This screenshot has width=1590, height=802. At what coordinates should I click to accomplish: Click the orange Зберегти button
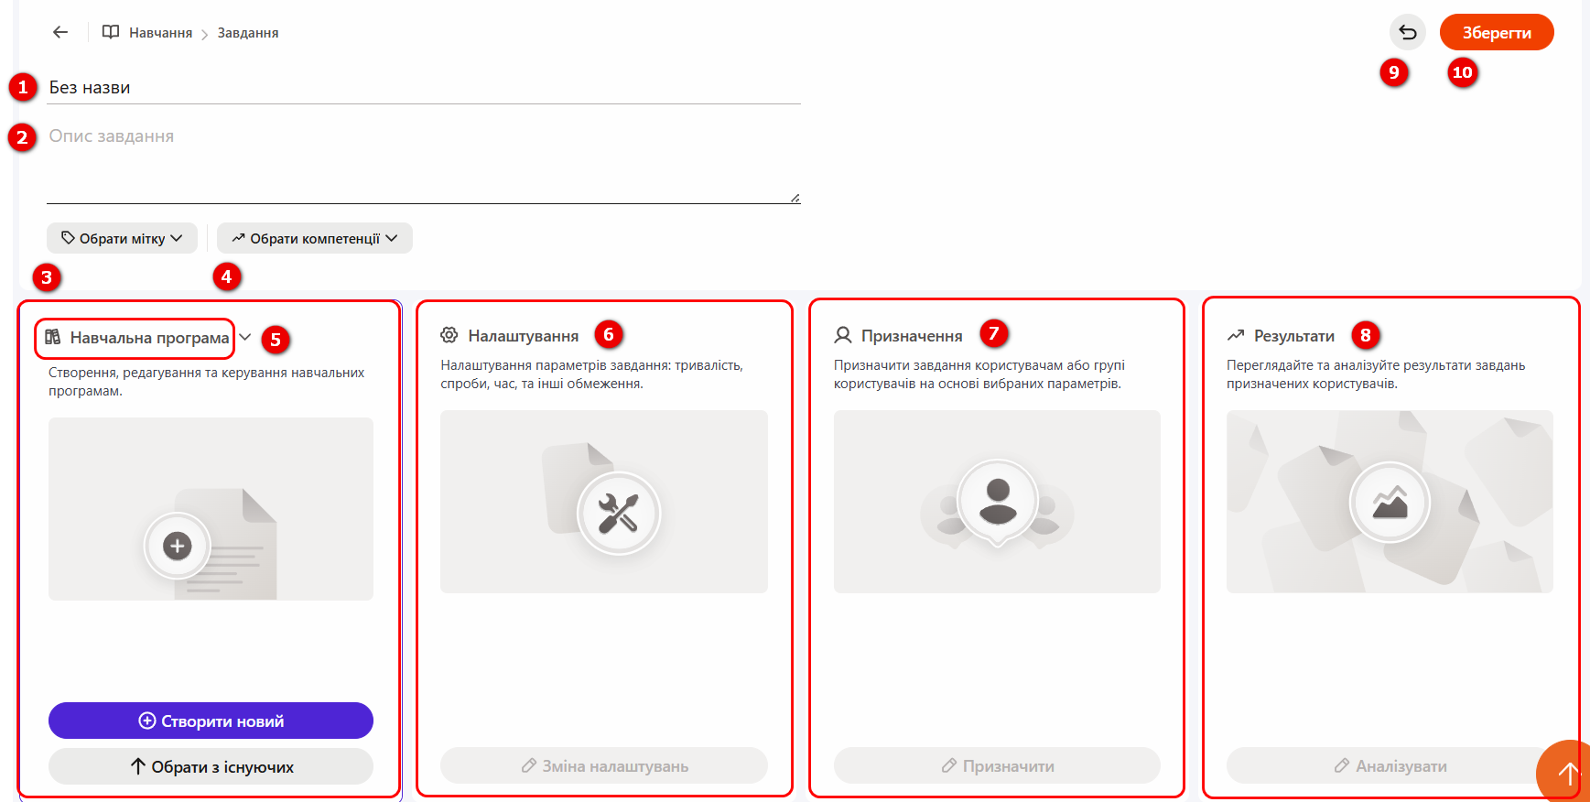pyautogui.click(x=1497, y=32)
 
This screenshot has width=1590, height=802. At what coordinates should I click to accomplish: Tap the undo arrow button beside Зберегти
pyautogui.click(x=1408, y=32)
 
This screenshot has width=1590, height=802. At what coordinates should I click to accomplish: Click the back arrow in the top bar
pyautogui.click(x=60, y=32)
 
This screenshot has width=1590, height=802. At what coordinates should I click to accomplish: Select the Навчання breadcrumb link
pyautogui.click(x=160, y=32)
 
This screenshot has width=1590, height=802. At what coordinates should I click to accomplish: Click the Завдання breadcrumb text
pyautogui.click(x=248, y=32)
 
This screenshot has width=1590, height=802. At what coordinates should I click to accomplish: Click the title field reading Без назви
pyautogui.click(x=424, y=88)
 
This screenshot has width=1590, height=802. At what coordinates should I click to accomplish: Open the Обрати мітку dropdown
pyautogui.click(x=122, y=238)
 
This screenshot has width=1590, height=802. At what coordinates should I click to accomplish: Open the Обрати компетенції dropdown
pyautogui.click(x=315, y=238)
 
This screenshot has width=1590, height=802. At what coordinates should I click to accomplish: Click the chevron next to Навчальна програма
pyautogui.click(x=245, y=337)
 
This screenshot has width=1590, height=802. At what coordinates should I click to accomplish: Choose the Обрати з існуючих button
pyautogui.click(x=211, y=766)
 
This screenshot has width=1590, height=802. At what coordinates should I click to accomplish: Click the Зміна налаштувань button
pyautogui.click(x=604, y=765)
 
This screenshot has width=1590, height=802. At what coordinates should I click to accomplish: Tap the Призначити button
pyautogui.click(x=997, y=765)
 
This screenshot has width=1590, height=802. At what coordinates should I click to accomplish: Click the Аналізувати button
pyautogui.click(x=1390, y=765)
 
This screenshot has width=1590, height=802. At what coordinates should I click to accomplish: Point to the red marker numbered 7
pyautogui.click(x=994, y=333)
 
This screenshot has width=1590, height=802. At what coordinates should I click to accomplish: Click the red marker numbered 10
pyautogui.click(x=1463, y=72)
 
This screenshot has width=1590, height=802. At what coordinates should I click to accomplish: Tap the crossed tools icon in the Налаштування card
pyautogui.click(x=618, y=513)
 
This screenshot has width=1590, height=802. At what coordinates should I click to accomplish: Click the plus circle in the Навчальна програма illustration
pyautogui.click(x=177, y=547)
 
